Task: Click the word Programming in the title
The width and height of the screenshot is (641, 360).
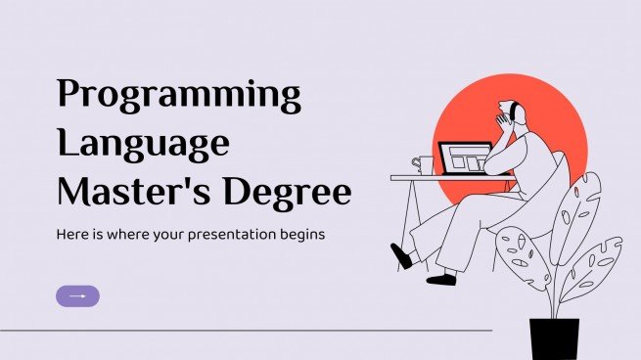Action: click(179, 96)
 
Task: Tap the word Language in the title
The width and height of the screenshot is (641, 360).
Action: click(143, 145)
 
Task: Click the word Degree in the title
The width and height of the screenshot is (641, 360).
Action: click(288, 194)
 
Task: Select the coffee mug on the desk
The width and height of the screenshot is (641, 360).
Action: click(423, 165)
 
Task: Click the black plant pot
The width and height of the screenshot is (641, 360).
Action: click(554, 337)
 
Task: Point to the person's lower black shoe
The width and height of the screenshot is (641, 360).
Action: click(441, 279)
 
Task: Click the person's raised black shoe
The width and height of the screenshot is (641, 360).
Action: click(401, 256)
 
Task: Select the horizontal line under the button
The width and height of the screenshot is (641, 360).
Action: click(245, 331)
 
